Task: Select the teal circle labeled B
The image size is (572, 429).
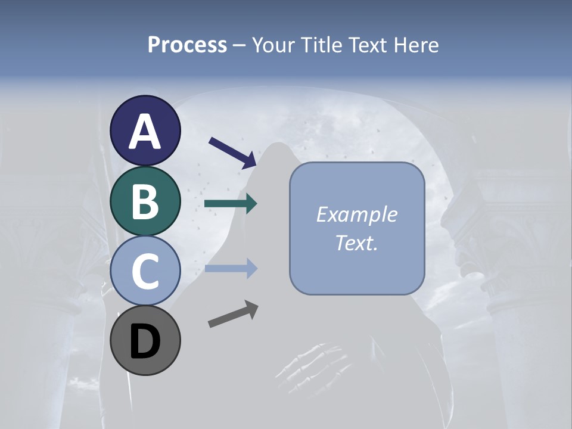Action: (x=145, y=201)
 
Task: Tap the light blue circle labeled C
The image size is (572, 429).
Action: (x=145, y=271)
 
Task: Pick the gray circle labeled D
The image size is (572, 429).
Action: (x=145, y=341)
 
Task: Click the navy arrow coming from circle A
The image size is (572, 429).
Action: (x=233, y=152)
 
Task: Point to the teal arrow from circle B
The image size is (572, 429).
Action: (x=231, y=204)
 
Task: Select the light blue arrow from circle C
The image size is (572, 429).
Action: (x=231, y=269)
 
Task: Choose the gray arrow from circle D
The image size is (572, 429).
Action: (x=233, y=314)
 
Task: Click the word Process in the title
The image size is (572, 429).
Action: (x=187, y=45)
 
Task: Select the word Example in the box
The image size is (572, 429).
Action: (x=357, y=214)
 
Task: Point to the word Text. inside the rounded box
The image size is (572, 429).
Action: (x=357, y=243)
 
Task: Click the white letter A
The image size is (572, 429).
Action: (x=145, y=132)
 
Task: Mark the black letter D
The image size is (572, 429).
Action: (x=145, y=343)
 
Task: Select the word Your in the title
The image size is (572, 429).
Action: (x=271, y=45)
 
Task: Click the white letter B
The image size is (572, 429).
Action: (x=145, y=202)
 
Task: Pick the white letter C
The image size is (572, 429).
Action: (x=145, y=272)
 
